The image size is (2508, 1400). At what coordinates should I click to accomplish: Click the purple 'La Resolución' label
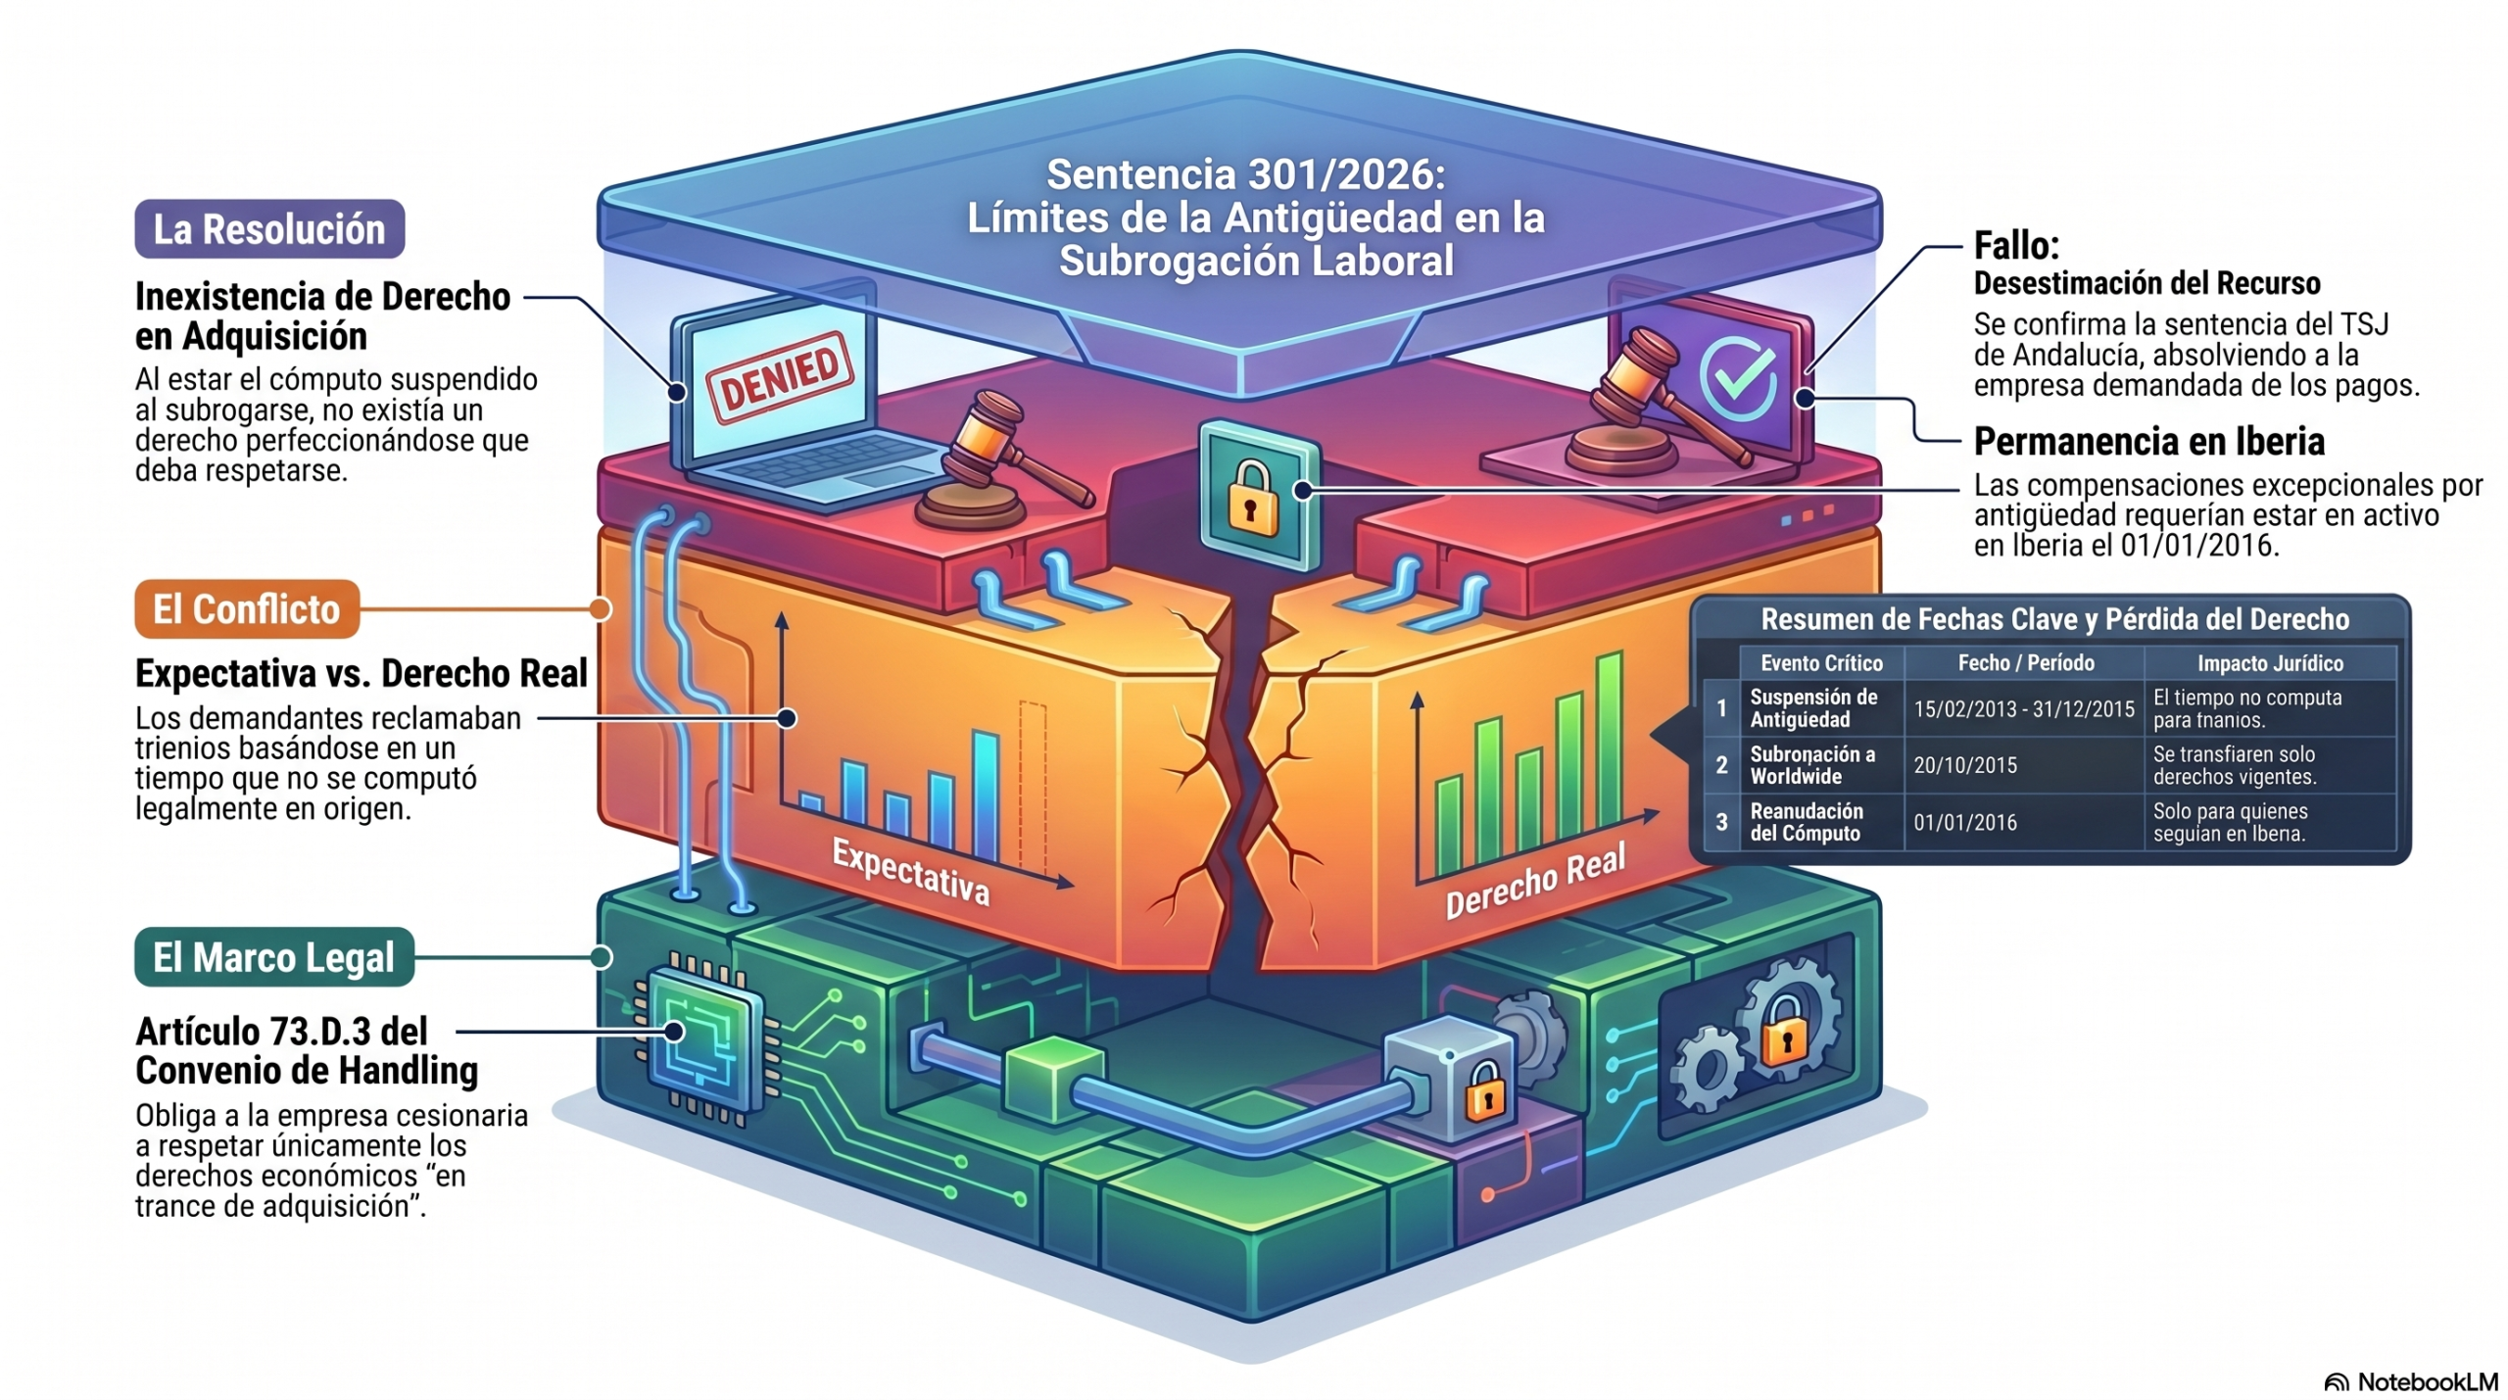[x=269, y=229]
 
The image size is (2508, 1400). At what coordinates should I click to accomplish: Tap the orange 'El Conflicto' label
[x=247, y=609]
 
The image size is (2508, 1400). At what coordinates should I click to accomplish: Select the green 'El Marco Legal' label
[x=274, y=957]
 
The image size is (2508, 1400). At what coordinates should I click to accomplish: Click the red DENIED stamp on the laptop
[x=780, y=378]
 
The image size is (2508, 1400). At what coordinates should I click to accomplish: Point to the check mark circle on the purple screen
[x=1737, y=377]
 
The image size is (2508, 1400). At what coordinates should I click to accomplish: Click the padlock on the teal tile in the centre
[x=1253, y=498]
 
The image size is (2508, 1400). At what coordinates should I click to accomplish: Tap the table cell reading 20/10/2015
[x=1965, y=766]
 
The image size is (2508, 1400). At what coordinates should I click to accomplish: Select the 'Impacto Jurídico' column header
[x=2270, y=663]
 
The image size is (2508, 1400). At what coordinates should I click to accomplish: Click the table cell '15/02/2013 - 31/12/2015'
[x=2024, y=709]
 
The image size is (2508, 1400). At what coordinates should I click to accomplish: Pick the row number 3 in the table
[x=1721, y=822]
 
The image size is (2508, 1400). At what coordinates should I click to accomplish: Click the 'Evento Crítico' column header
[x=1821, y=663]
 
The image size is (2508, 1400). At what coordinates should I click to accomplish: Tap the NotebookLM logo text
[x=2426, y=1381]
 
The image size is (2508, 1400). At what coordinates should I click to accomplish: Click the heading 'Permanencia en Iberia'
[x=2148, y=442]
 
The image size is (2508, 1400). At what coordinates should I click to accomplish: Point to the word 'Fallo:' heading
[x=2016, y=245]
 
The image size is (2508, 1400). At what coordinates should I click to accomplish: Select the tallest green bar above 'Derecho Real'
[x=1609, y=753]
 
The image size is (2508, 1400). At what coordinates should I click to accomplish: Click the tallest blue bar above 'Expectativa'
[x=985, y=796]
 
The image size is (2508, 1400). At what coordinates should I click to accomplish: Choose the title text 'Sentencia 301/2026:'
[x=1246, y=174]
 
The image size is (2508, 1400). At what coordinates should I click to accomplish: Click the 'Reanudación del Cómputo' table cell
[x=1806, y=822]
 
